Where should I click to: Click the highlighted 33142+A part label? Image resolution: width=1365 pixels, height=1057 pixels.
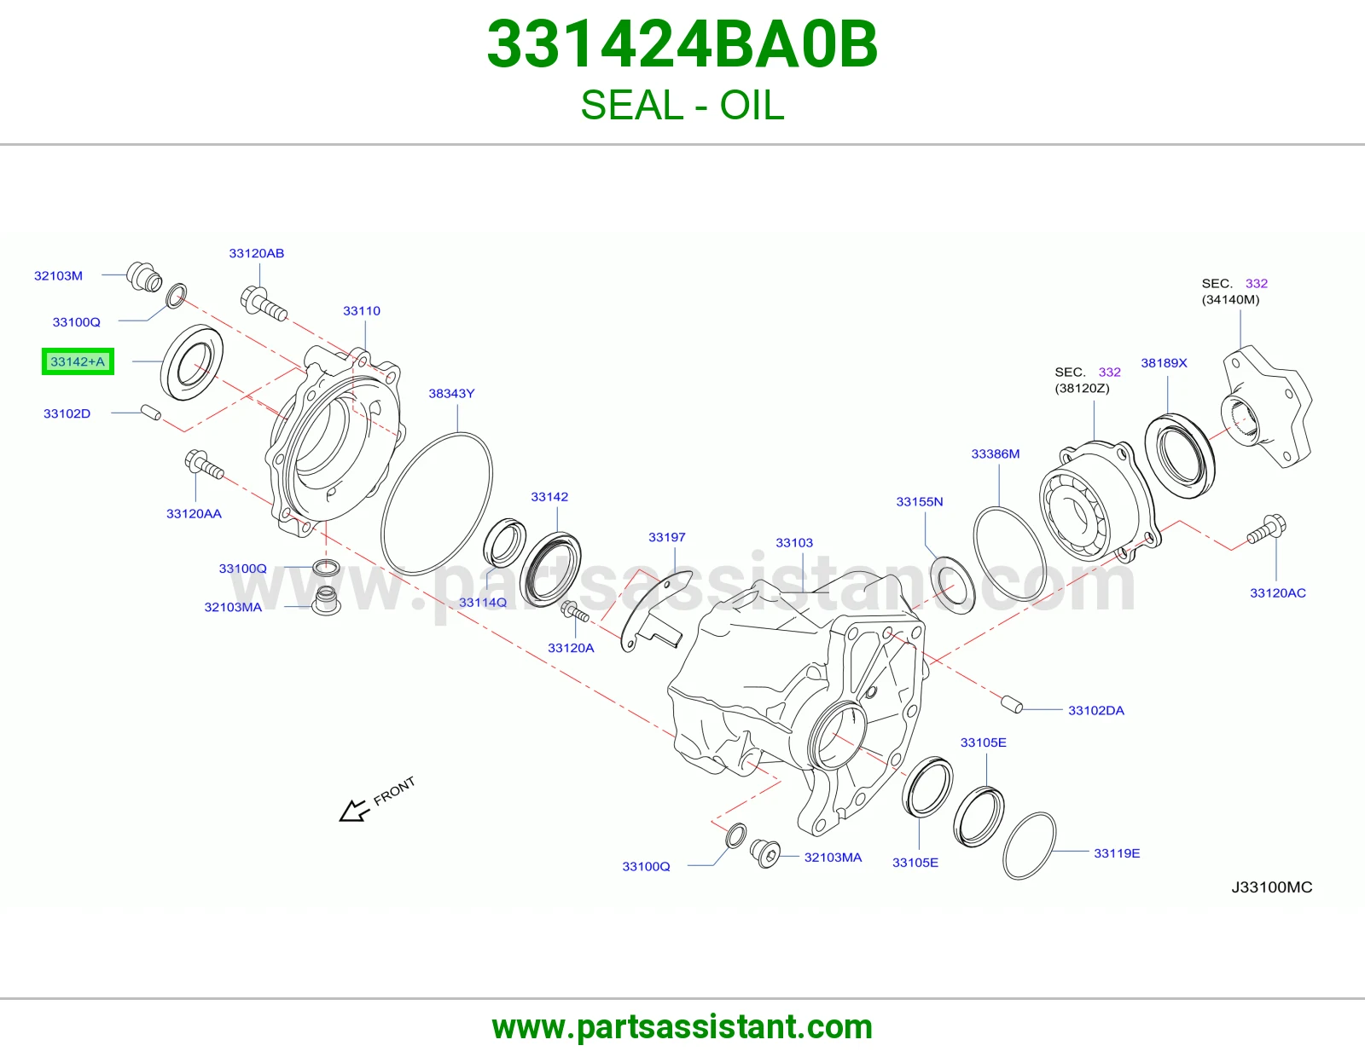click(78, 361)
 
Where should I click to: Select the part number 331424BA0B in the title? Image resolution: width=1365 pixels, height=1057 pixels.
click(682, 44)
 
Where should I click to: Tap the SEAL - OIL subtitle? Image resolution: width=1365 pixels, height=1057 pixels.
click(682, 105)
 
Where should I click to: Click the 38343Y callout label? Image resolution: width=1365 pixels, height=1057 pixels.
click(451, 394)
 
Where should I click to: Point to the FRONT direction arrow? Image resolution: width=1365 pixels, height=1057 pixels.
click(355, 811)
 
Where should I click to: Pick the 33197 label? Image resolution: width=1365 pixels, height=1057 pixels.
click(666, 537)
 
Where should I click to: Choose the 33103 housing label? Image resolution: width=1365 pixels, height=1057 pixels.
click(794, 543)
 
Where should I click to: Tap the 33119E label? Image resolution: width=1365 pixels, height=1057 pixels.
click(1116, 853)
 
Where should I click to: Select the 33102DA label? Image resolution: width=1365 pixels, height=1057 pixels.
click(1096, 711)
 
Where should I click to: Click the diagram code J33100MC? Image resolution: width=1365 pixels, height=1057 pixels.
click(1271, 887)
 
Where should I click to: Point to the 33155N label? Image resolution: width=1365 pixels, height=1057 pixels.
click(919, 501)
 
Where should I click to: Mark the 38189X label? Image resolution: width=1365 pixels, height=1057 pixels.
click(1164, 363)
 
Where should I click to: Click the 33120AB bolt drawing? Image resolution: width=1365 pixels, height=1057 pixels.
click(264, 303)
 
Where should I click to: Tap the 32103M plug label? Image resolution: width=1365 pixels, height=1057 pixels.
click(58, 275)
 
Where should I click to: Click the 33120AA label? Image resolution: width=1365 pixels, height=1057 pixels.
click(194, 513)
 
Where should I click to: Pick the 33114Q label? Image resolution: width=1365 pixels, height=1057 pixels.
click(482, 603)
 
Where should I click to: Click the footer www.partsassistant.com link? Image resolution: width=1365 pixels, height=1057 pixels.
click(682, 1027)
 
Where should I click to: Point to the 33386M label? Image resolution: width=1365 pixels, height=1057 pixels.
click(995, 453)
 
